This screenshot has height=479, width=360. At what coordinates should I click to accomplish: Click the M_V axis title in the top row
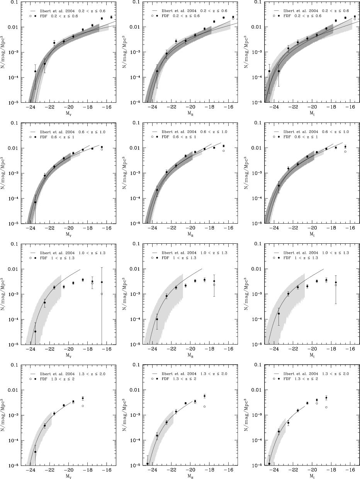pos(68,114)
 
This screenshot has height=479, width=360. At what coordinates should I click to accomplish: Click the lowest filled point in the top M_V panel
pos(35,71)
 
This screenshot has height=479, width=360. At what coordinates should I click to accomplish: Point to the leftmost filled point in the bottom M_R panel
pos(148,464)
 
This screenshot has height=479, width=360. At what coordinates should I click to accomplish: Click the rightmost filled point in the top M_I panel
pos(355,17)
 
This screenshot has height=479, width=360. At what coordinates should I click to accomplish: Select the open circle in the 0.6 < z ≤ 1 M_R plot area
pos(223,151)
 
